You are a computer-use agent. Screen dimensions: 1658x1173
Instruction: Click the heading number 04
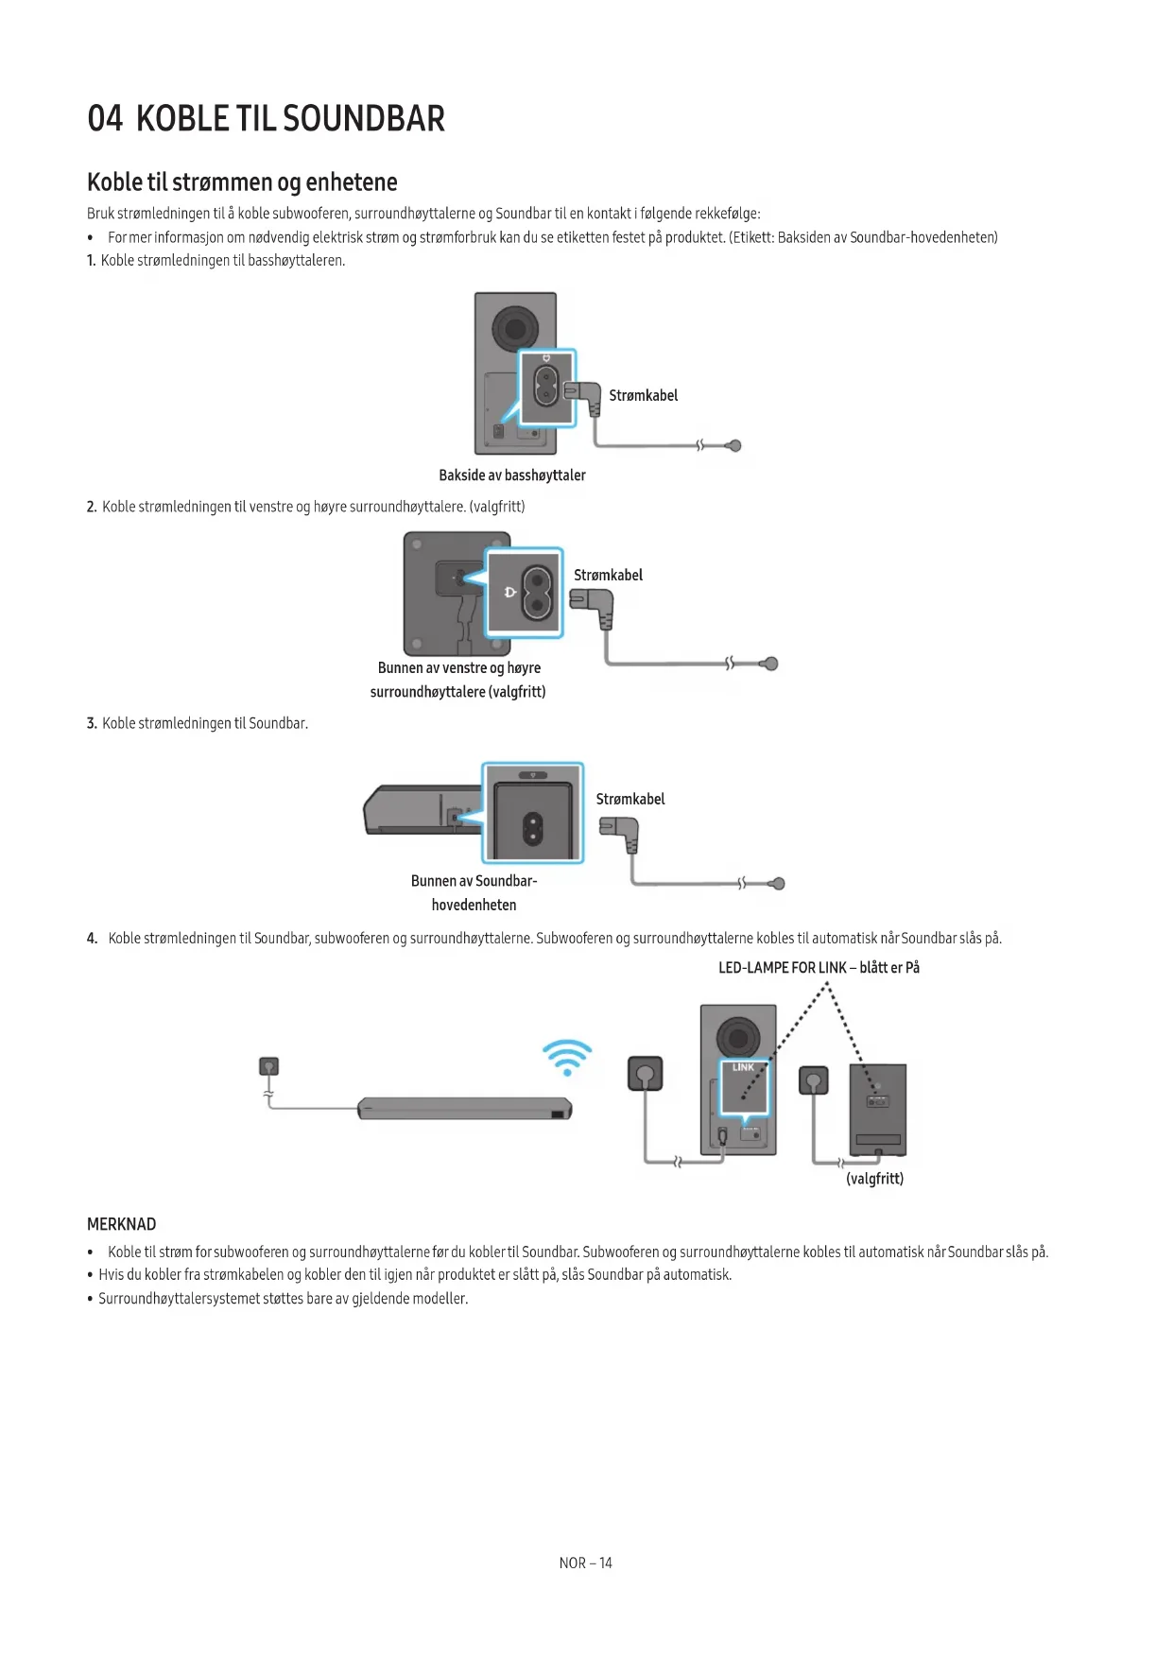pyautogui.click(x=105, y=119)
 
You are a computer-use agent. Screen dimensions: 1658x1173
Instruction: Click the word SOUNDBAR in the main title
pyautogui.click(x=363, y=119)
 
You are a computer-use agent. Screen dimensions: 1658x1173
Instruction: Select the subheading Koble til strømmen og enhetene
pyautogui.click(x=242, y=182)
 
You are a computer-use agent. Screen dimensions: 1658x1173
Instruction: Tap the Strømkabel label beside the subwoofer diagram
pyautogui.click(x=643, y=395)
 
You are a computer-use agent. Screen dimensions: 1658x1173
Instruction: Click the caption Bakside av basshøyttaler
pyautogui.click(x=511, y=475)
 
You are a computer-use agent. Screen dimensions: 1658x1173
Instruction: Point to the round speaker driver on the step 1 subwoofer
pyautogui.click(x=515, y=328)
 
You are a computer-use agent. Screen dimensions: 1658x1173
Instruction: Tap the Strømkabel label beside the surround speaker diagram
pyautogui.click(x=608, y=575)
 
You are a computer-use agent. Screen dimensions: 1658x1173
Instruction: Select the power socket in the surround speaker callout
pyautogui.click(x=537, y=592)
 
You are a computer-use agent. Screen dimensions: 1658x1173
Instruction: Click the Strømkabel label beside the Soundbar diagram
pyautogui.click(x=630, y=799)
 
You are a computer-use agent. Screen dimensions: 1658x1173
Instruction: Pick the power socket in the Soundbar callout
pyautogui.click(x=533, y=829)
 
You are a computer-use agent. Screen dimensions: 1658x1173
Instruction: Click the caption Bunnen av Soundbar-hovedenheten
pyautogui.click(x=474, y=892)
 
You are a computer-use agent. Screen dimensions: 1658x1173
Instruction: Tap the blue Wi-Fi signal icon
pyautogui.click(x=567, y=1057)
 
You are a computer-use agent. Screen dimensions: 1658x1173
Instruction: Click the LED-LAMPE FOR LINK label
pyautogui.click(x=819, y=967)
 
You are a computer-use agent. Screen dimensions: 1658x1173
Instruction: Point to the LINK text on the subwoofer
pyautogui.click(x=744, y=1067)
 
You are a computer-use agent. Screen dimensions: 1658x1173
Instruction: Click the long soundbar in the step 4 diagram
pyautogui.click(x=464, y=1108)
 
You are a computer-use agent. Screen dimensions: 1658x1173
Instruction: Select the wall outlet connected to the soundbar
pyautogui.click(x=269, y=1066)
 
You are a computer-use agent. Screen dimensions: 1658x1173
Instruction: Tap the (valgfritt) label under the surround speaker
pyautogui.click(x=874, y=1179)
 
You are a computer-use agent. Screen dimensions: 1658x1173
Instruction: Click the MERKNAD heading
pyautogui.click(x=121, y=1224)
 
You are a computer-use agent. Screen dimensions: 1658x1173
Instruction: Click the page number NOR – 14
pyautogui.click(x=585, y=1563)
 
